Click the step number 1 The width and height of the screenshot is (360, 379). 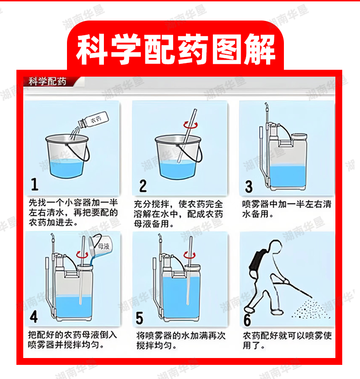35,184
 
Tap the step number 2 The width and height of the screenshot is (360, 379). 143,186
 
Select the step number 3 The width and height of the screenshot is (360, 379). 249,187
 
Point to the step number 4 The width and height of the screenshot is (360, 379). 34,317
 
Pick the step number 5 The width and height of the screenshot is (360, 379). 139,318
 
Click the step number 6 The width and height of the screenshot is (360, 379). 247,320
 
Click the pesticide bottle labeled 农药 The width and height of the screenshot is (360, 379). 94,119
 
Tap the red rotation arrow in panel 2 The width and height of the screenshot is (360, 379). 190,125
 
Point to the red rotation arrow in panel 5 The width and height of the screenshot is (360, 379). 190,255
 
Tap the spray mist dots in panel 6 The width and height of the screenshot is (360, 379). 311,309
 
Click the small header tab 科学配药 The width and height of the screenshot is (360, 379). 47,82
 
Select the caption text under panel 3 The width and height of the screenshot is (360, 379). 287,209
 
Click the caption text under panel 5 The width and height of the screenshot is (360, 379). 181,341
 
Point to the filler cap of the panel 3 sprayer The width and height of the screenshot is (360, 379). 299,136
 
